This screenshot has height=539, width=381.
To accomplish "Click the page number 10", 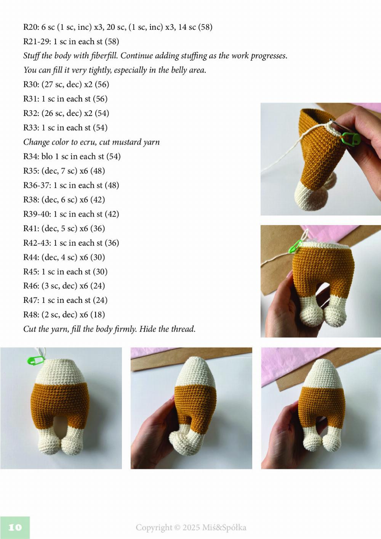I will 15,528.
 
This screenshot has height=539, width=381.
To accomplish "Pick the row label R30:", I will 31,85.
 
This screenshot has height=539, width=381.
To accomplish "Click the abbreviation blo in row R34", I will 47,156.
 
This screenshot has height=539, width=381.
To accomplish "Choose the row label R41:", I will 31,228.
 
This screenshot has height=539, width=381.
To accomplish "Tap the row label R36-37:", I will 37,185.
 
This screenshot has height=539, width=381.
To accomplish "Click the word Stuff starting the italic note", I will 31,56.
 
